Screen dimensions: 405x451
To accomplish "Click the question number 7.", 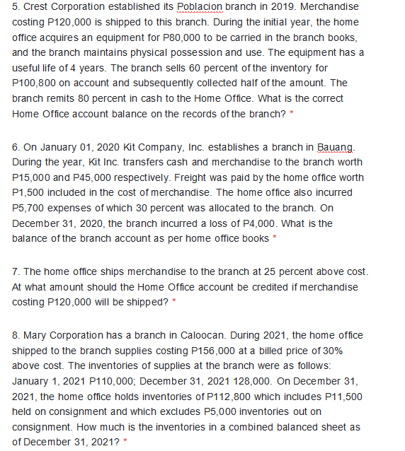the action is coord(16,272).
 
